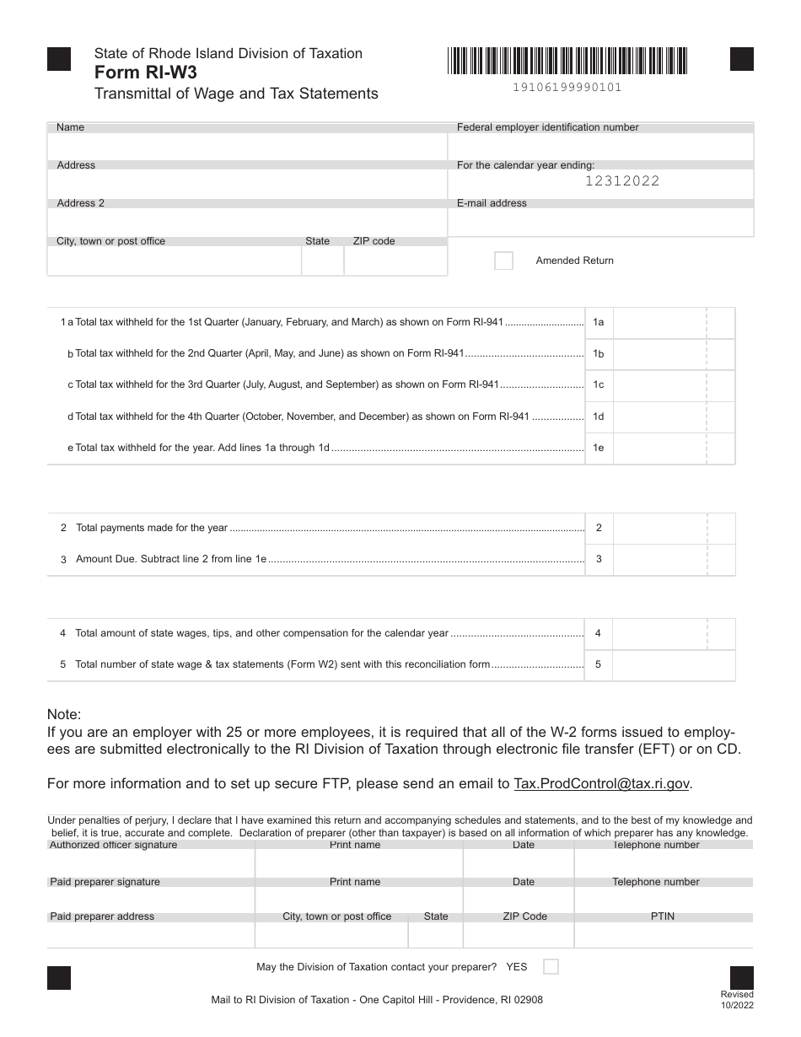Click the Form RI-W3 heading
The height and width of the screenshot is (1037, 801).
[146, 73]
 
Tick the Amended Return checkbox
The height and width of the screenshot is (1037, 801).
[503, 261]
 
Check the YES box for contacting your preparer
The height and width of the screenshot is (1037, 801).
[551, 967]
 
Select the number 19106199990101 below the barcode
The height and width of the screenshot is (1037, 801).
[567, 87]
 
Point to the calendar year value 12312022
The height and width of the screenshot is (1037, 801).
[621, 180]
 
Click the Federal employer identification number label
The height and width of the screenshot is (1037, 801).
[547, 127]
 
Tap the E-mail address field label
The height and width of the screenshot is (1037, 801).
[492, 203]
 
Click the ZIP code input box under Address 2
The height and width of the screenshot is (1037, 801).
[395, 261]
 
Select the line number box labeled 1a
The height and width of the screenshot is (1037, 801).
[598, 322]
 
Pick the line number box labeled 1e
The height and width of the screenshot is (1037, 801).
[598, 448]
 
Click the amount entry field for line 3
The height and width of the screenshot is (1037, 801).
[659, 559]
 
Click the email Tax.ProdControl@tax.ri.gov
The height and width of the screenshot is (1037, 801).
[602, 783]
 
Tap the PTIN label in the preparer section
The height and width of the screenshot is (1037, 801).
[663, 916]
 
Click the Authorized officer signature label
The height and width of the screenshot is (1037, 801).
[114, 845]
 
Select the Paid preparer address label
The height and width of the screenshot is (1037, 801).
[102, 916]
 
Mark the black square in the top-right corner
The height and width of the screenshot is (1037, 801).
[741, 59]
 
